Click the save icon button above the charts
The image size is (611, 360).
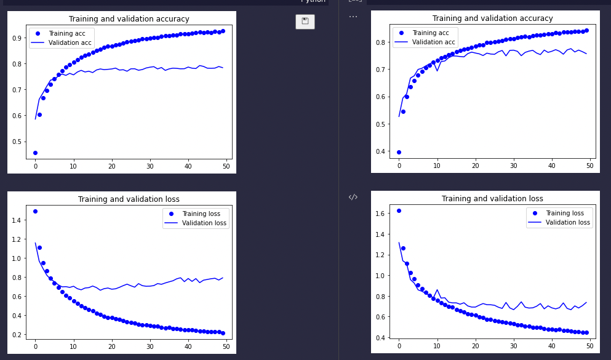[x=305, y=22]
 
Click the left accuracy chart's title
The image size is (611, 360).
[x=129, y=19]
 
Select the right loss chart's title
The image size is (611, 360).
[x=492, y=199]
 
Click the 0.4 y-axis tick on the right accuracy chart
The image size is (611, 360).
[x=381, y=151]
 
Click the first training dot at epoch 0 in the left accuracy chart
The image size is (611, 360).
[x=35, y=153]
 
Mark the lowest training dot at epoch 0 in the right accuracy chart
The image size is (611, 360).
[x=399, y=152]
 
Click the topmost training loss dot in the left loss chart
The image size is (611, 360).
[x=35, y=211]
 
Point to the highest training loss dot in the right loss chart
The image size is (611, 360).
[x=399, y=210]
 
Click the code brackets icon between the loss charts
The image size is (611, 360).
[x=353, y=197]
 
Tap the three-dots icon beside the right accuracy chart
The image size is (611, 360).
[x=353, y=17]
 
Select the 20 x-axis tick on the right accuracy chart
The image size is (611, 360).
[x=475, y=166]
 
